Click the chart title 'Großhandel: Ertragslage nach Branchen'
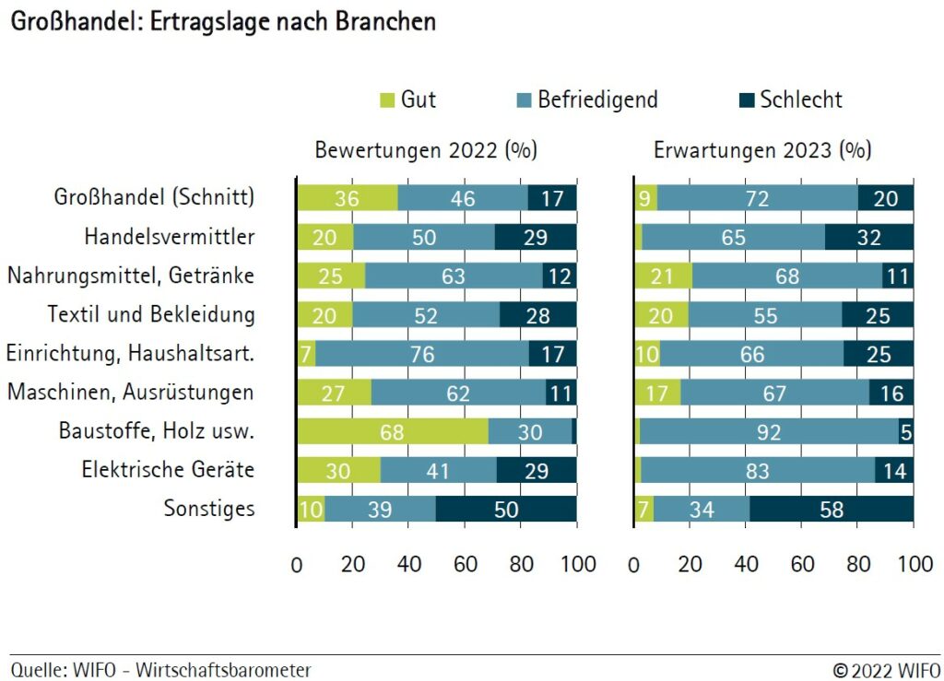click(x=222, y=22)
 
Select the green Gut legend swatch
click(x=386, y=100)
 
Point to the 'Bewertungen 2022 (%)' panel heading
click(x=426, y=150)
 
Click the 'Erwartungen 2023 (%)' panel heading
click(x=762, y=150)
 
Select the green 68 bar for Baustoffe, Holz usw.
click(x=392, y=431)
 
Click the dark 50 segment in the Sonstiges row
click(x=506, y=509)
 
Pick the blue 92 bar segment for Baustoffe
click(x=769, y=431)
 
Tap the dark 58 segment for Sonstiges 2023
click(x=832, y=509)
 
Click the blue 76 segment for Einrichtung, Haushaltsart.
click(x=422, y=354)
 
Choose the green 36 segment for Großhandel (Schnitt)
click(x=347, y=198)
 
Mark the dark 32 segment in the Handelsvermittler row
click(x=868, y=237)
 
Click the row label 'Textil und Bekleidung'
click(x=151, y=314)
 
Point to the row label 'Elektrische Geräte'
click(x=168, y=470)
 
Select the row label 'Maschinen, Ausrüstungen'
click(x=130, y=393)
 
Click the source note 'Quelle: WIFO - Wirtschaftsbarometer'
click(x=161, y=670)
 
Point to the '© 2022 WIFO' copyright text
click(x=886, y=670)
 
